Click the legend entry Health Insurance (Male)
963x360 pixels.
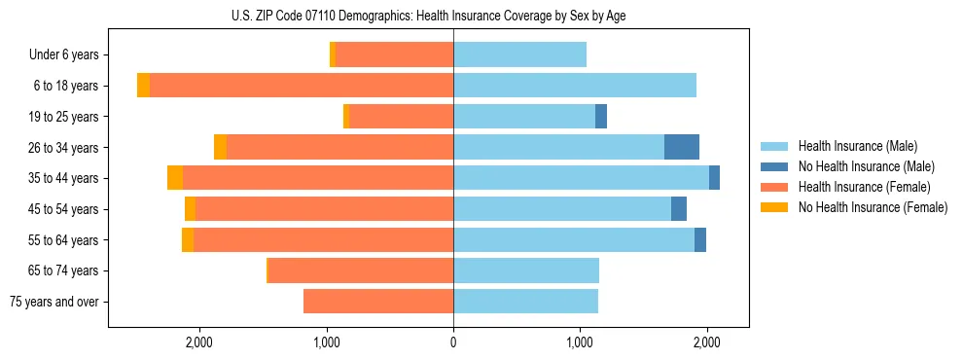tap(857, 146)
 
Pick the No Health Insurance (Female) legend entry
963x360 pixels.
tap(873, 207)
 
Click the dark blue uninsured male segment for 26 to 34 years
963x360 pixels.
tap(682, 147)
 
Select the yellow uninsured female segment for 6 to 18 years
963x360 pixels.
tap(143, 86)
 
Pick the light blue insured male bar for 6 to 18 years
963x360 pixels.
tap(574, 86)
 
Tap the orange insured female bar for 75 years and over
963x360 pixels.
tap(378, 302)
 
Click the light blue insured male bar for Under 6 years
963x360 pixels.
tap(519, 54)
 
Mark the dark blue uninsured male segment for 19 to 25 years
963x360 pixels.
tap(601, 117)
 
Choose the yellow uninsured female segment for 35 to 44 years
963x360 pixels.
tap(175, 178)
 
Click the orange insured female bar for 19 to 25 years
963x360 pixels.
tap(401, 117)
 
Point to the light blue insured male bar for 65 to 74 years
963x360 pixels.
tap(526, 270)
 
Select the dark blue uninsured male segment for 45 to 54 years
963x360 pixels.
tap(679, 209)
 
